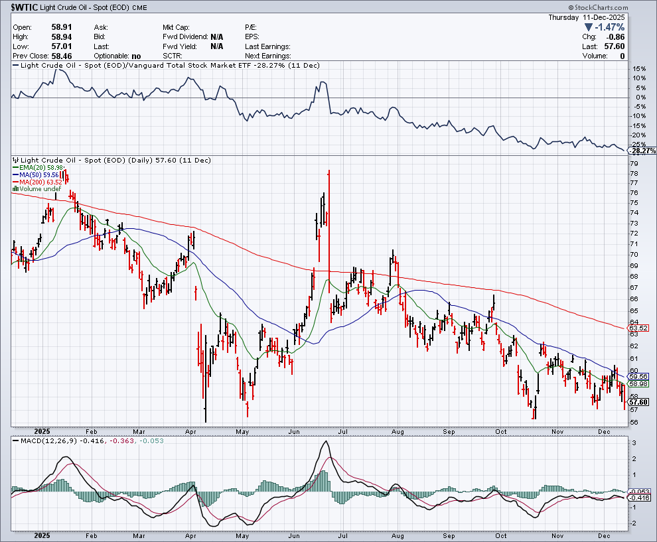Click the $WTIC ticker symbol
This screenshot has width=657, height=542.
point(25,7)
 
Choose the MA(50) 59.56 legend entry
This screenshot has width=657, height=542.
point(38,175)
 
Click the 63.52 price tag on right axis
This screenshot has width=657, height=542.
point(638,328)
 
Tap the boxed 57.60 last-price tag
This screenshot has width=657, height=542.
point(638,402)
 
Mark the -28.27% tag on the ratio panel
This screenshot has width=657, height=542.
point(642,151)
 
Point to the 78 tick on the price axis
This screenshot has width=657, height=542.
point(634,174)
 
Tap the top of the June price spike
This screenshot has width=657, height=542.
point(329,171)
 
